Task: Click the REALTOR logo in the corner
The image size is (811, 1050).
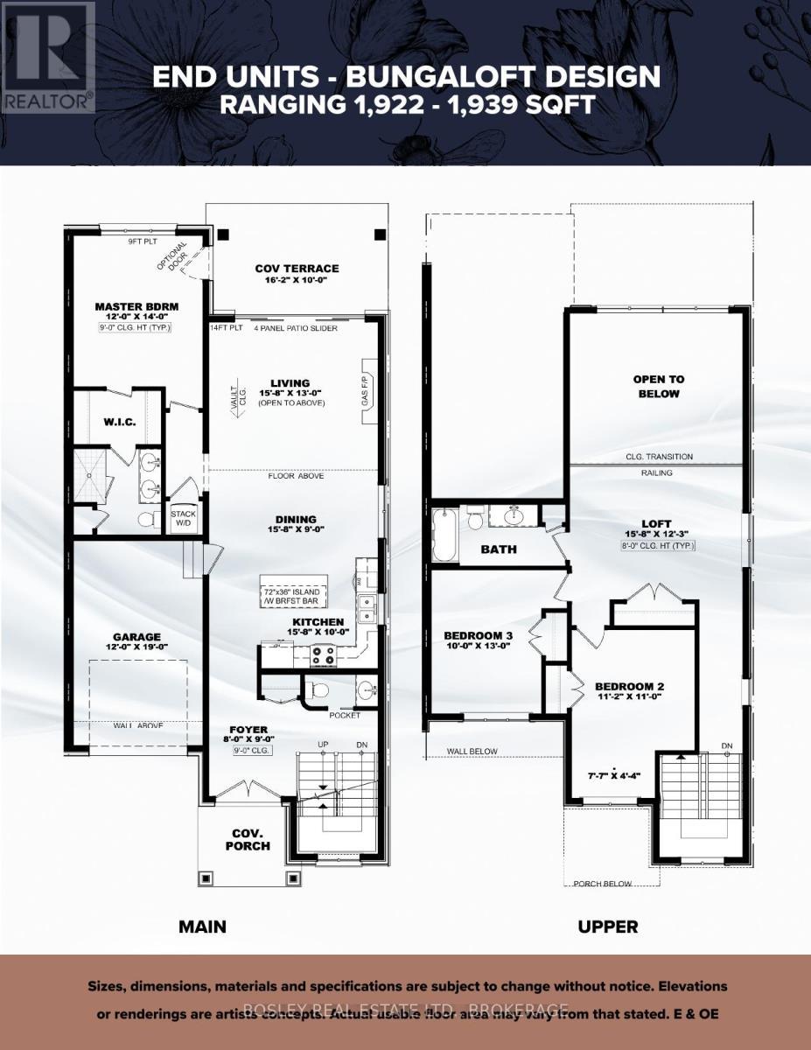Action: pos(47,58)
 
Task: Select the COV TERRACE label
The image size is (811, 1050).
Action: pos(297,269)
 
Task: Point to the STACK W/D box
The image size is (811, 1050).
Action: pos(184,519)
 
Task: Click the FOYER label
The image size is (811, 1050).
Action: pos(249,729)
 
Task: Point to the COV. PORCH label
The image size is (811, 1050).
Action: pos(250,839)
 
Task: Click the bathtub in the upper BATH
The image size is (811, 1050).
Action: pos(444,535)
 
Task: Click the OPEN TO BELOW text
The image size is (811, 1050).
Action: pos(658,387)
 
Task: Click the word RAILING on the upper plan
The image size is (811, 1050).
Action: pos(656,472)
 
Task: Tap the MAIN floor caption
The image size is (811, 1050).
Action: pos(202,926)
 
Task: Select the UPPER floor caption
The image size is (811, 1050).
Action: pos(608,926)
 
